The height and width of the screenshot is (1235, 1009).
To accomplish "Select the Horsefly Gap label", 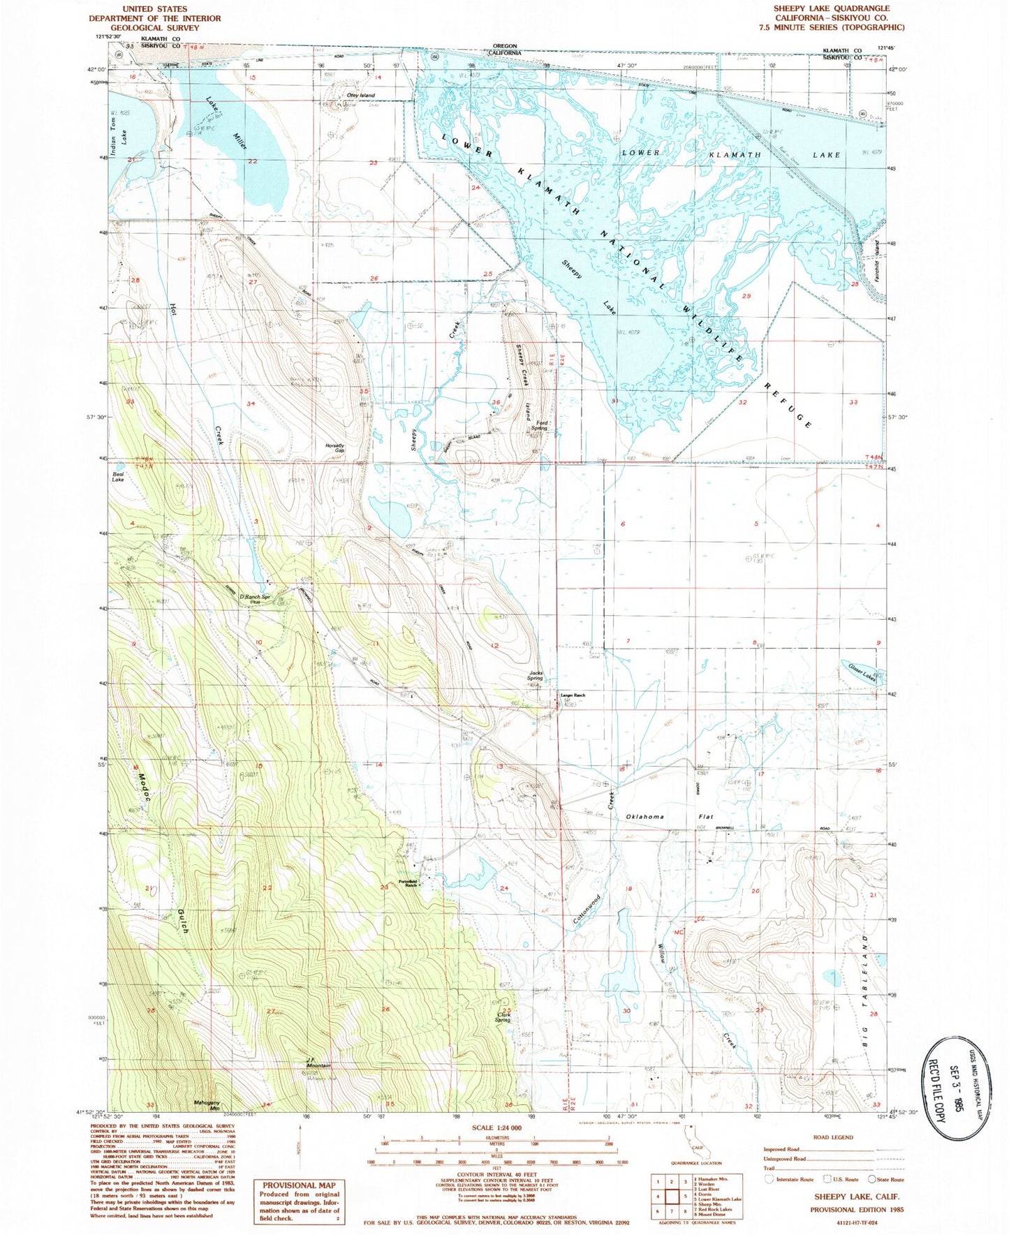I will coord(334,448).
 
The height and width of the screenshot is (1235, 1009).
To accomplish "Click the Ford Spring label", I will coord(542,425).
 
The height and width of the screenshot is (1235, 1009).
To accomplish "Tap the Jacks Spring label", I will coord(535,676).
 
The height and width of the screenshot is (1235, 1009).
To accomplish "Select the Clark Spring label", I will coord(505,1017).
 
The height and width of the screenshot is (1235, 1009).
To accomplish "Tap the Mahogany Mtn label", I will coord(207,1106).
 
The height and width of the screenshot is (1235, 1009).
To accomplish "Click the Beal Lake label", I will coord(118,478).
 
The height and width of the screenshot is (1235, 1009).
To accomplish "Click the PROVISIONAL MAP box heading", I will coord(299,1185).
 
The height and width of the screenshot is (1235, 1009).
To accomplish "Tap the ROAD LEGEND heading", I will coord(833,1137).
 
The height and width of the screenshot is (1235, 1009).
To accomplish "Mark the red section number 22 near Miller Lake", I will coord(252,161).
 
